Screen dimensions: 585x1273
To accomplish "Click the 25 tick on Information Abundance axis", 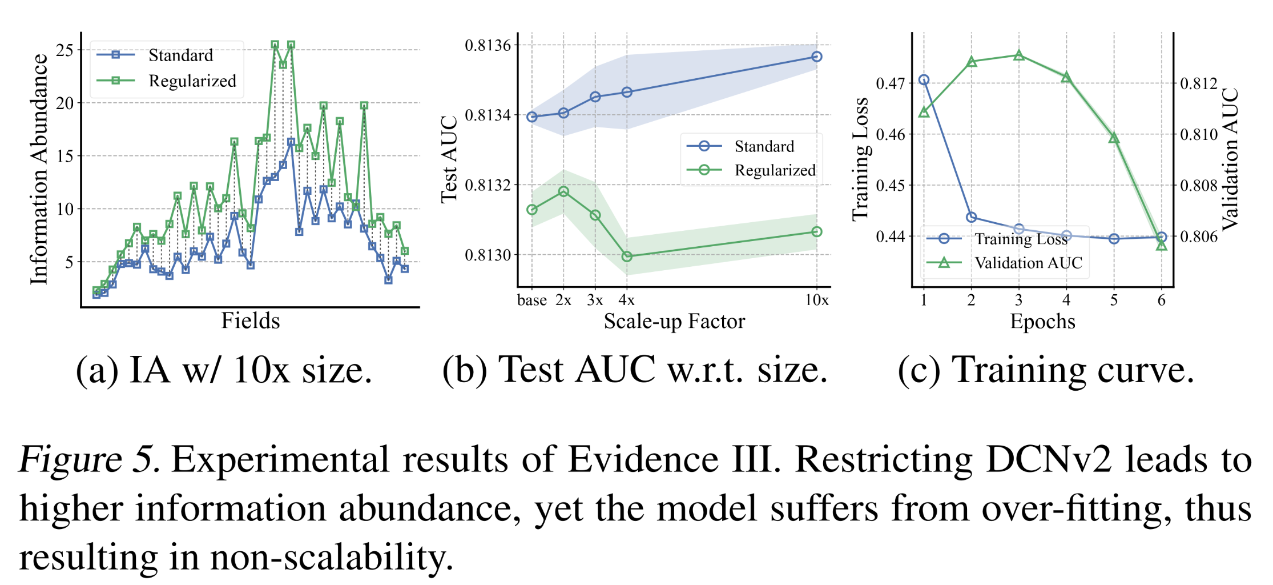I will [65, 50].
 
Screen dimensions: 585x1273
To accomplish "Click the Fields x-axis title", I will [251, 321].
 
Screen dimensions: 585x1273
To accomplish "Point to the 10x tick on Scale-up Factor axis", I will [817, 300].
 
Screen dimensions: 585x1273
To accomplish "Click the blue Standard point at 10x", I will [817, 57].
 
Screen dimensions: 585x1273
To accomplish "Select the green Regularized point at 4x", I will [627, 257].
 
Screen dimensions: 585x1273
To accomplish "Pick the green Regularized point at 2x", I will [563, 191].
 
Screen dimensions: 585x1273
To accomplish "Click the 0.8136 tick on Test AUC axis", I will [488, 45].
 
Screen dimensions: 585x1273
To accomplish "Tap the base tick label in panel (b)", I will [531, 300].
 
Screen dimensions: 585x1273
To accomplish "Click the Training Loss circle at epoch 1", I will [924, 80].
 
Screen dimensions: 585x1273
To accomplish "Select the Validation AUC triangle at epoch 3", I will [1019, 55].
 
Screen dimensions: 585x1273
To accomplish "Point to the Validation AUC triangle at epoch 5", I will [1114, 138].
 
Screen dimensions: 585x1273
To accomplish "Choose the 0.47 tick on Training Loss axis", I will [891, 83].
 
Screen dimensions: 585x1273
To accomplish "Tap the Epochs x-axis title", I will [1042, 322].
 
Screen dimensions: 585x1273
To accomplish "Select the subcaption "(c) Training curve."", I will [1046, 370].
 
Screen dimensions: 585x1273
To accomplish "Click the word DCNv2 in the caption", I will [1049, 459].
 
